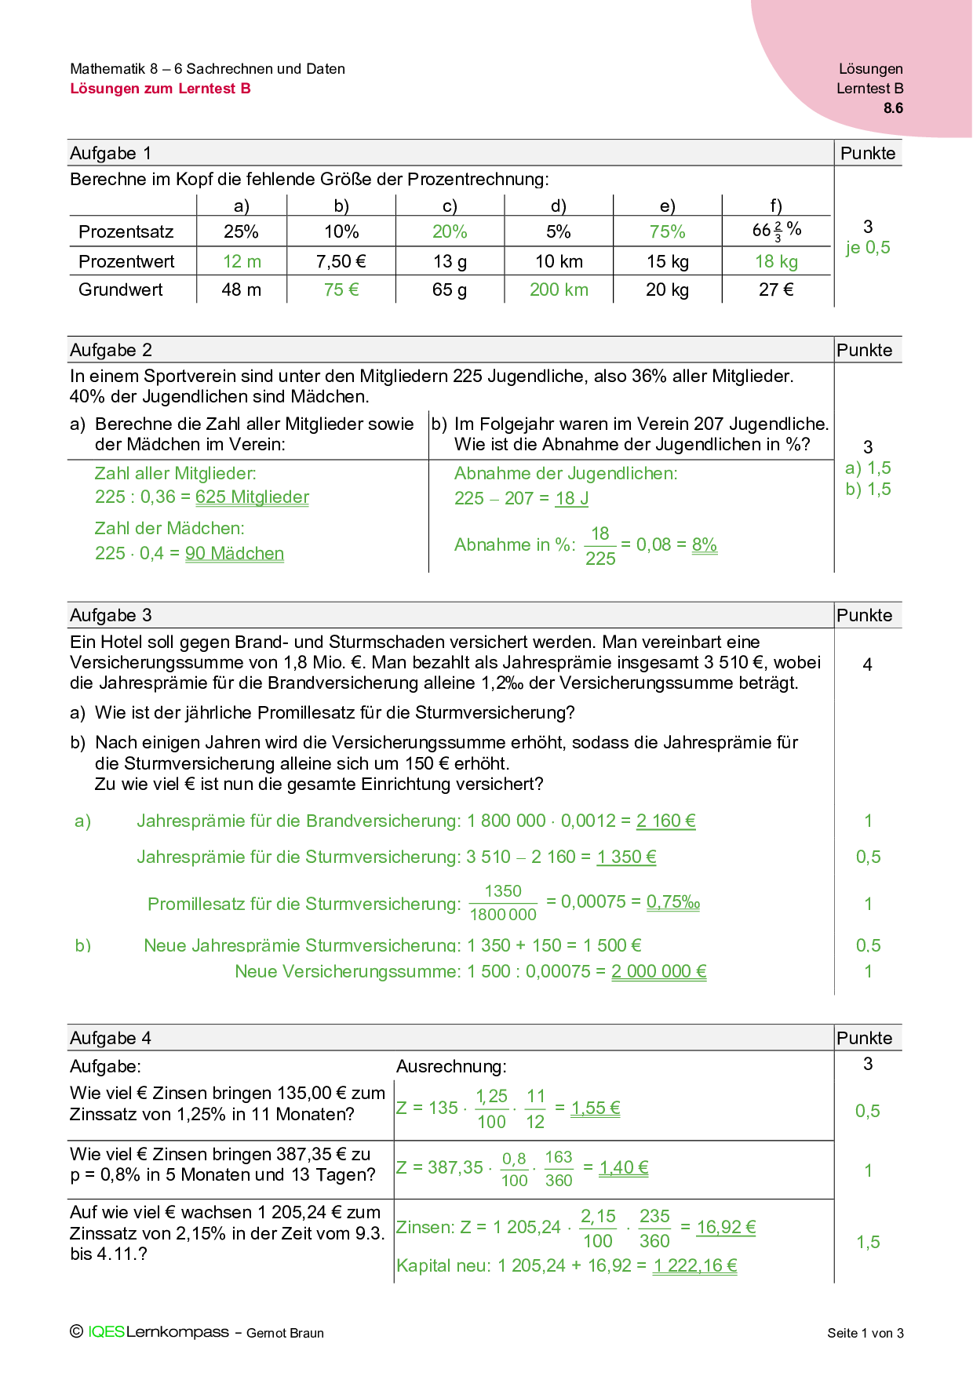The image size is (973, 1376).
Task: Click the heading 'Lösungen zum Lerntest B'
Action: click(160, 89)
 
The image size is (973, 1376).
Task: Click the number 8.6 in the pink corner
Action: click(893, 108)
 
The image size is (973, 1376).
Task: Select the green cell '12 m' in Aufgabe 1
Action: click(242, 261)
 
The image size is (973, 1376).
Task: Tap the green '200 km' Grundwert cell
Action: click(559, 289)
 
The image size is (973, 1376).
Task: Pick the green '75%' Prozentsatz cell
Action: click(667, 231)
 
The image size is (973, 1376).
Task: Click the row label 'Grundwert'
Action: click(121, 289)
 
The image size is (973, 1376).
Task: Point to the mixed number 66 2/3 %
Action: click(776, 231)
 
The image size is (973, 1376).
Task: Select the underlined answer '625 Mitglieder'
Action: click(252, 497)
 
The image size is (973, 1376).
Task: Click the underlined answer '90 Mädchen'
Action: click(235, 553)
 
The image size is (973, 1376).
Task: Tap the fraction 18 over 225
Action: click(600, 546)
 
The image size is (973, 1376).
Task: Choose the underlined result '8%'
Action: click(705, 544)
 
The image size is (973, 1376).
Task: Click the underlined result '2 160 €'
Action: click(665, 821)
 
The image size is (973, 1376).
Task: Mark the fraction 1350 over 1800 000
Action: click(503, 903)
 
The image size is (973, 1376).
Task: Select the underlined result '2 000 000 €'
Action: click(659, 971)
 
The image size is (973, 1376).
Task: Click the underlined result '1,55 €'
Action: click(596, 1108)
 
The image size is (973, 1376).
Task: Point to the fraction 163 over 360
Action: click(559, 1169)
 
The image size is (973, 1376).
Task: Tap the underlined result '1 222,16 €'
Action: click(695, 1265)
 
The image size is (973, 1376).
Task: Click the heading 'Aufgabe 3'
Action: click(111, 615)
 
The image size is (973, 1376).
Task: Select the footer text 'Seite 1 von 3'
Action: click(865, 1333)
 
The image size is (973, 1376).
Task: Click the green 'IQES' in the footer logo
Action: click(106, 1332)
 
